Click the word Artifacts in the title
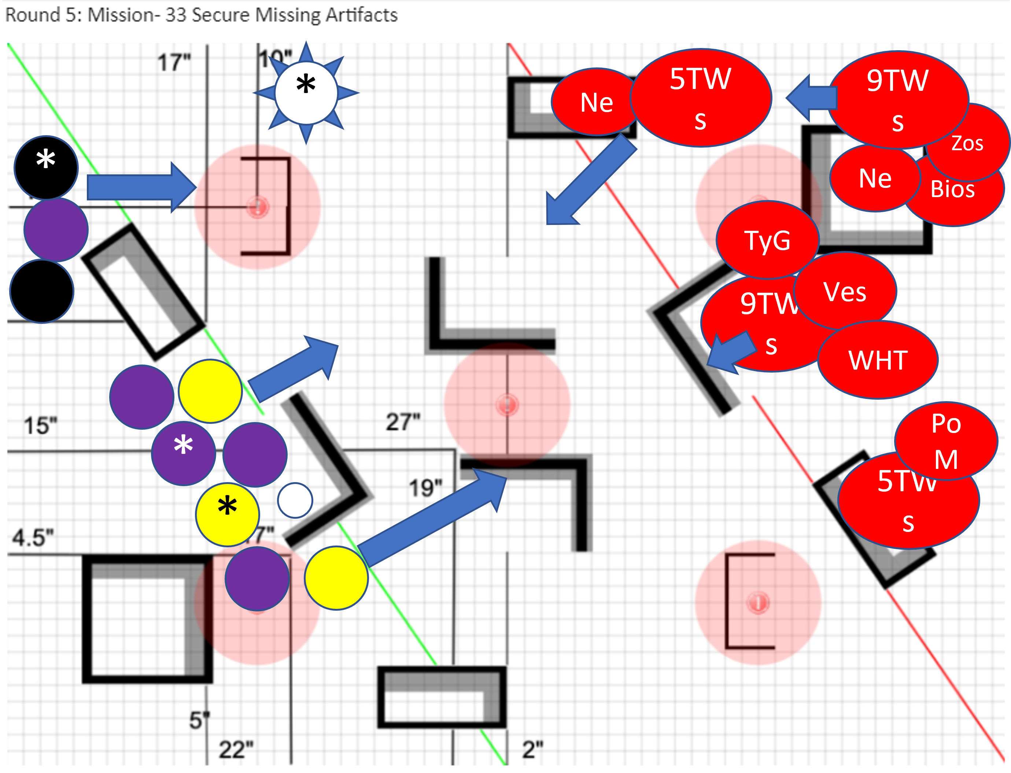pyautogui.click(x=361, y=15)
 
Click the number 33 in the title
pyautogui.click(x=176, y=15)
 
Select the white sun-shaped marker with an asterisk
pyautogui.click(x=306, y=92)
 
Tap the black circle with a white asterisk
pyautogui.click(x=46, y=167)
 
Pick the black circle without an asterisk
pyautogui.click(x=42, y=291)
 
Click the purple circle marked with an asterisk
pyautogui.click(x=183, y=453)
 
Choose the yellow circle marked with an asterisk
pyautogui.click(x=227, y=514)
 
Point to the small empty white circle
pyautogui.click(x=295, y=500)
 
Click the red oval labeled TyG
pyautogui.click(x=767, y=240)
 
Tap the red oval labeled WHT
pyautogui.click(x=878, y=360)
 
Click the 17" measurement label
pyautogui.click(x=174, y=62)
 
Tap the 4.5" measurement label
pyautogui.click(x=33, y=537)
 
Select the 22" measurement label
pyautogui.click(x=236, y=750)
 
